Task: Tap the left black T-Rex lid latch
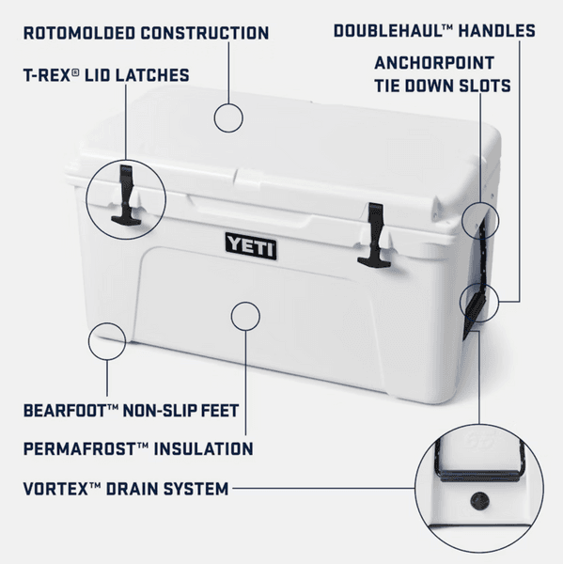(x=125, y=196)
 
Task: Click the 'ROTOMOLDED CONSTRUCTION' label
(x=147, y=34)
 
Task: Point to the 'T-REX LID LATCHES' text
(x=106, y=75)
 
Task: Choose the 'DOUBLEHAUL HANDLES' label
(x=435, y=31)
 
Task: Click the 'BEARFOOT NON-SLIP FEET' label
(x=132, y=411)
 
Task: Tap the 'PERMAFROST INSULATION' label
(x=138, y=449)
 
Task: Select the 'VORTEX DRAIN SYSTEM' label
(x=126, y=489)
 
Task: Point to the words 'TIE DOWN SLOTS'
(x=443, y=86)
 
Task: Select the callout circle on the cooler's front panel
(x=244, y=315)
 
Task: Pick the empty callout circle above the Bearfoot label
(x=106, y=342)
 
